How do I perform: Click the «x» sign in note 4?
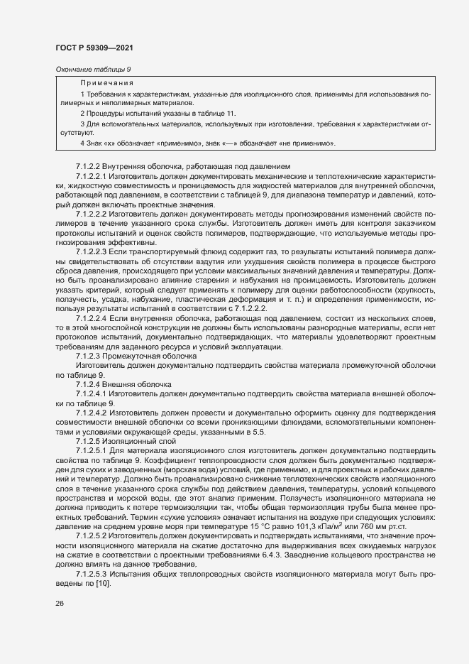click(x=115, y=143)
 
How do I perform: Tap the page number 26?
click(x=59, y=604)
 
